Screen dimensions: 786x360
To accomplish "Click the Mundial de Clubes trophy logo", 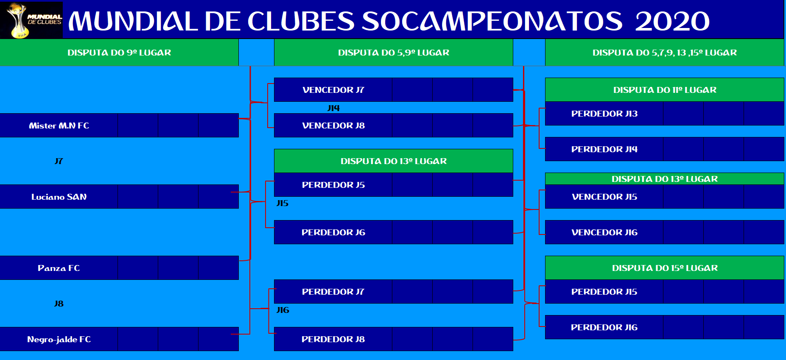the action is coord(31,20).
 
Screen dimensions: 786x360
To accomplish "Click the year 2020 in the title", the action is coord(672,21).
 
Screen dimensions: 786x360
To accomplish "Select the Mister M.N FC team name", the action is coord(59,126).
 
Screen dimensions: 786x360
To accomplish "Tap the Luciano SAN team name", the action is coord(59,197).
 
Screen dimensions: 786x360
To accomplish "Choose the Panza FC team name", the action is coord(59,268).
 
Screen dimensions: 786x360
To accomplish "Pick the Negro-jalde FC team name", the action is coord(59,339).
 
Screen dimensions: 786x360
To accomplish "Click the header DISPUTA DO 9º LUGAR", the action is coord(119,53).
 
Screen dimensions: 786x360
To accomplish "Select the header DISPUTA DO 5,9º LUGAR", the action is coord(394,53).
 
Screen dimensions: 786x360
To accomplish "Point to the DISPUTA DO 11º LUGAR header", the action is coord(665,90).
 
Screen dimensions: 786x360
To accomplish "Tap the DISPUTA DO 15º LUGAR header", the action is coord(665,268).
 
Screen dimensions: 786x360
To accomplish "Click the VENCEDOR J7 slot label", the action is coord(333,90).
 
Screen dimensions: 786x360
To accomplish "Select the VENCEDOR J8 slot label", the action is coord(333,126).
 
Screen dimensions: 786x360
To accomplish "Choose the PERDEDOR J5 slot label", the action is coord(333,185).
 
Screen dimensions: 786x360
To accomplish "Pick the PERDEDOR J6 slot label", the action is coord(333,232).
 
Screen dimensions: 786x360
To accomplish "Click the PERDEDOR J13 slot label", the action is coord(604,114).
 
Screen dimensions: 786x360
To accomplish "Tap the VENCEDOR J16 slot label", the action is coord(604,232).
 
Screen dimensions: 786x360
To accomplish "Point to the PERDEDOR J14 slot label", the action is coord(604,149).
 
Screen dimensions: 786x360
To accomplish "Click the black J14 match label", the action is coord(334,108).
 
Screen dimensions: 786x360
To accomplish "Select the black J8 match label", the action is coord(59,304).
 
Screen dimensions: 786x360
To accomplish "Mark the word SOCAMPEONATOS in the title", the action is coord(492,21).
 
